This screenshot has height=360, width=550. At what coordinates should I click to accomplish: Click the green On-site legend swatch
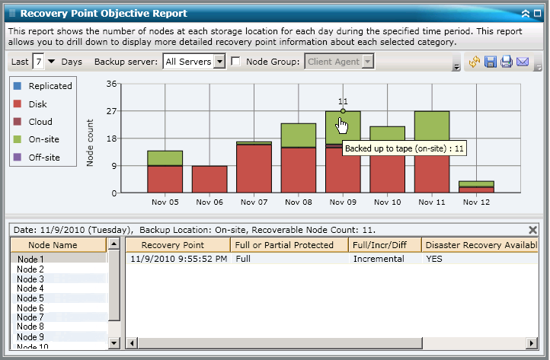18,139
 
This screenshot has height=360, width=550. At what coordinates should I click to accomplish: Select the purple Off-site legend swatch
18,158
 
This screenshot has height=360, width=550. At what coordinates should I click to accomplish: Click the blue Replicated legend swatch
18,86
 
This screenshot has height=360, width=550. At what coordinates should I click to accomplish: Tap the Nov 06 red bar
209,179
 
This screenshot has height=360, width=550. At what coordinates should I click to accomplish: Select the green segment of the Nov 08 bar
299,135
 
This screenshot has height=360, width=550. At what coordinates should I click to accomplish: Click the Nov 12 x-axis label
476,203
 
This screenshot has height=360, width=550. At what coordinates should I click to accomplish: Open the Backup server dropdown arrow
220,62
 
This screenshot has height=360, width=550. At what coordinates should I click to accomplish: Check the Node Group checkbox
235,62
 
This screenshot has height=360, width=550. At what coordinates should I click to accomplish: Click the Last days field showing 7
37,62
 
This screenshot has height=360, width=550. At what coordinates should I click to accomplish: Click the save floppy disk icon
491,62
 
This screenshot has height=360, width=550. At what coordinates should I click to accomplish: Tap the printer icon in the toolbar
506,62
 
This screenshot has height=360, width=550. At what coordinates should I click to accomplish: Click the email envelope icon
522,62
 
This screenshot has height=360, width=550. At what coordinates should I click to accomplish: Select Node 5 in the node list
30,298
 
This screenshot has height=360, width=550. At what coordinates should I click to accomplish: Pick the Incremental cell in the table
379,259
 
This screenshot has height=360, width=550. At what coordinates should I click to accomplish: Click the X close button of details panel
533,229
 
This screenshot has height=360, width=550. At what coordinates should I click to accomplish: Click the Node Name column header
53,244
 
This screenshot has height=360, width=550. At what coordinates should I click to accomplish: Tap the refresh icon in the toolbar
475,62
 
